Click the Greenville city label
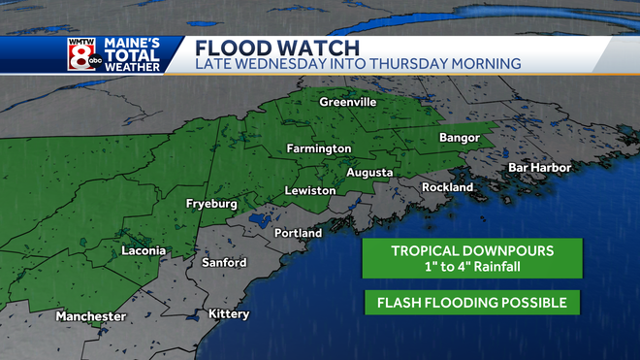coord(348,102)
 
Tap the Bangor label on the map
coord(460,138)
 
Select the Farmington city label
coord(318,148)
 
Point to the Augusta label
coord(369,173)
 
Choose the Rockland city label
coord(447,186)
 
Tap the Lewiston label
coord(309,191)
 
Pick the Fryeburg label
coord(212,205)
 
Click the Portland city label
coord(298,234)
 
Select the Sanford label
coord(224,263)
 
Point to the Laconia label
coord(144,251)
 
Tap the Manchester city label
coord(91,316)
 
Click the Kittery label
coord(229,313)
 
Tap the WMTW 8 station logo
coord(80,55)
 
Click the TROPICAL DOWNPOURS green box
coord(472,258)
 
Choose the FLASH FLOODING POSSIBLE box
coord(472,303)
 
